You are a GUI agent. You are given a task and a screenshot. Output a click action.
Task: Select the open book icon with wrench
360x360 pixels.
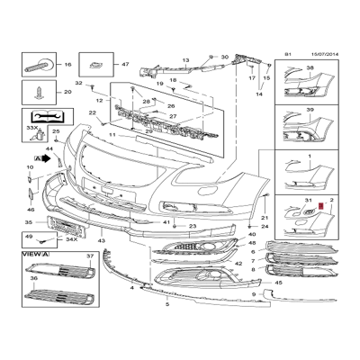click(40, 116)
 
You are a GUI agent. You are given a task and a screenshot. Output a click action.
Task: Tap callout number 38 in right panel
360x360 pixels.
click(310, 69)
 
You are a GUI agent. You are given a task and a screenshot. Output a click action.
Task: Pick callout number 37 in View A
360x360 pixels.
click(89, 256)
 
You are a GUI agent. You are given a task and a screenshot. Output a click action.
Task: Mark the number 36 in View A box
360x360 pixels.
click(33, 279)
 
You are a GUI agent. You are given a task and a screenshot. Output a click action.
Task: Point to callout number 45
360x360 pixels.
click(279, 282)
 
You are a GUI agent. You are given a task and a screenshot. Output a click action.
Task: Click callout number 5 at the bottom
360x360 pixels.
click(167, 304)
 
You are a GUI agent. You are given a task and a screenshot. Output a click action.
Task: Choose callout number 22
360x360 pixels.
click(93, 112)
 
